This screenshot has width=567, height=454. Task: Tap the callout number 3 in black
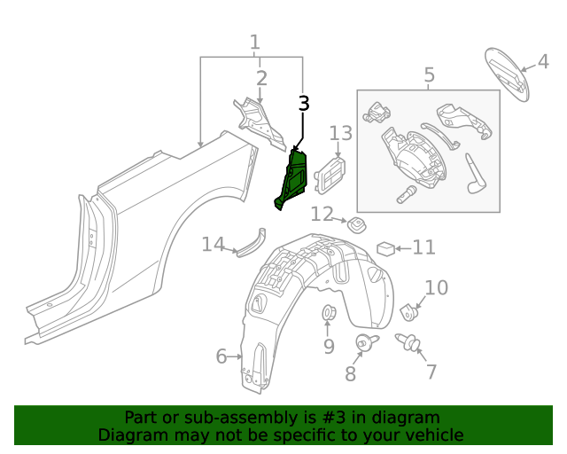pos(304,104)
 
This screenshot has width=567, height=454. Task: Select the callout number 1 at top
pos(255,42)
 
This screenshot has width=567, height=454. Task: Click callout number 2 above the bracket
pos(261,79)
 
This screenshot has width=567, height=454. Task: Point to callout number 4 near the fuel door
pos(542,62)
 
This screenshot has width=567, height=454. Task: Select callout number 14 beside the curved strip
pos(213,244)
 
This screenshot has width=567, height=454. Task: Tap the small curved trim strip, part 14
pos(250,243)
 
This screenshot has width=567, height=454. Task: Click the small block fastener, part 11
pos(385,247)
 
